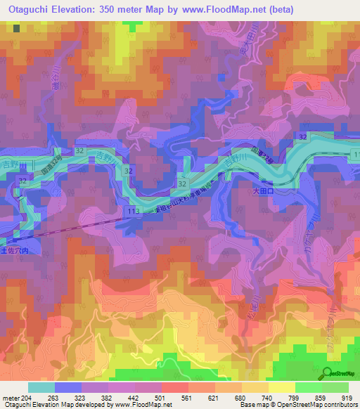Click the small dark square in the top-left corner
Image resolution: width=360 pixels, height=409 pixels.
16,29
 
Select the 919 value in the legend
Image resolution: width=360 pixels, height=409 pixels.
346,397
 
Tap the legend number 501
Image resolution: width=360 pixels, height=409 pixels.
161,397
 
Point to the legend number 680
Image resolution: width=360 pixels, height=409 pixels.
240,397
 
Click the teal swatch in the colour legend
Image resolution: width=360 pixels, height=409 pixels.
41,387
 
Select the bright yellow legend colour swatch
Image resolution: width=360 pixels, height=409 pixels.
281,387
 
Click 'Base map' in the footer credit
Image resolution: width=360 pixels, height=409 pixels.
251,405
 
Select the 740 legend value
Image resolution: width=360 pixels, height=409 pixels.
267,397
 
